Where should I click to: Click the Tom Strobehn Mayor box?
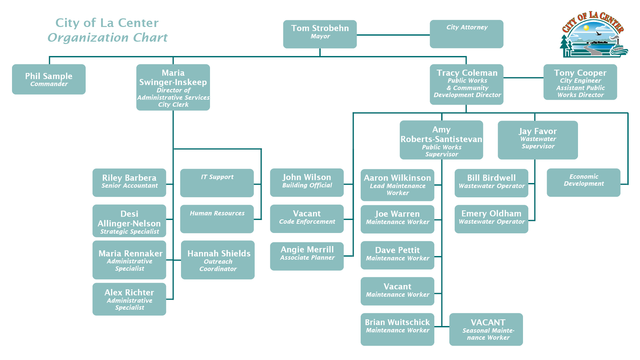(x=320, y=34)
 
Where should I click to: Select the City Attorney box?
(x=466, y=34)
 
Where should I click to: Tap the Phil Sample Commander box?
(x=49, y=79)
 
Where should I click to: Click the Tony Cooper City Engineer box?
(x=580, y=82)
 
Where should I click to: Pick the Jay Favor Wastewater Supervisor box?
(x=537, y=140)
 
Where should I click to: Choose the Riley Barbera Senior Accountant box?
(x=129, y=182)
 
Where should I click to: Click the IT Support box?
(x=217, y=183)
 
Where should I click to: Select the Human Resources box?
(x=217, y=219)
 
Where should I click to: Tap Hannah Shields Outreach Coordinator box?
(x=218, y=260)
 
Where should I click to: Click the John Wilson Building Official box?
(x=307, y=182)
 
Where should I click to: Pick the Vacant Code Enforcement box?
(x=307, y=219)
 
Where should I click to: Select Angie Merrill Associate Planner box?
(x=307, y=256)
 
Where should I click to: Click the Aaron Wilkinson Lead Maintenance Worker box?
(x=397, y=185)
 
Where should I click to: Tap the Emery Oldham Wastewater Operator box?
(x=491, y=219)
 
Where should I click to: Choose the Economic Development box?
(x=583, y=182)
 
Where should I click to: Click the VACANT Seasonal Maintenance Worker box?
(x=486, y=329)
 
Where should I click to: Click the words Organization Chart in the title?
(x=107, y=38)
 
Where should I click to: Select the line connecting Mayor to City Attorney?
(x=393, y=35)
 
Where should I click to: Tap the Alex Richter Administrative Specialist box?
(x=129, y=299)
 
